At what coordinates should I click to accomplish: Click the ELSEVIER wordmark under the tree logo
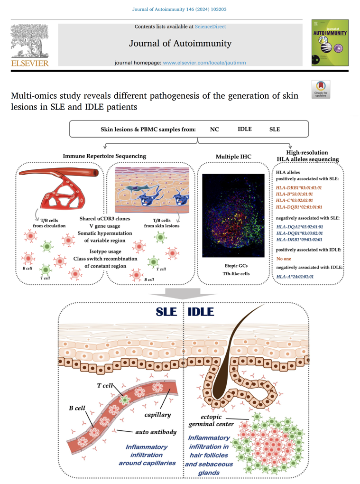tap(30, 63)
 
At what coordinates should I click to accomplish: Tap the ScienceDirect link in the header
tap(211, 27)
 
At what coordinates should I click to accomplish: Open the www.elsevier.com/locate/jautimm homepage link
tap(204, 63)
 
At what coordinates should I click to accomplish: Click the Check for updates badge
tap(321, 89)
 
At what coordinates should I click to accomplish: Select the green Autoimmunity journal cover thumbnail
tap(330, 43)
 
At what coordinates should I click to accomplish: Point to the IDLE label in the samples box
tap(245, 129)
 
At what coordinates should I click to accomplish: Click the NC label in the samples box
tap(214, 130)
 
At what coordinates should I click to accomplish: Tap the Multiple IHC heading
tap(233, 157)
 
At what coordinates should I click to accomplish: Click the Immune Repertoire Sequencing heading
tap(104, 156)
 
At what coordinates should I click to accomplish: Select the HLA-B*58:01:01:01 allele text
tap(294, 194)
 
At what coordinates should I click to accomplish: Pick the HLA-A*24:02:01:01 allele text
tap(295, 277)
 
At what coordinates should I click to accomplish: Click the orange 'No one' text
tap(284, 259)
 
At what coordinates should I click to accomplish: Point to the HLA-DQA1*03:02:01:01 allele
tap(300, 226)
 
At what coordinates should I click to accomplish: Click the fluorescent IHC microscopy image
tap(233, 215)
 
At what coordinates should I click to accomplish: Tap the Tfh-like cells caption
tap(236, 273)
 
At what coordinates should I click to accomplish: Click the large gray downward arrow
tap(182, 294)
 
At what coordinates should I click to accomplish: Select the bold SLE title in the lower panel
tap(166, 312)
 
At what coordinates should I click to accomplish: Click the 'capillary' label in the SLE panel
tap(157, 415)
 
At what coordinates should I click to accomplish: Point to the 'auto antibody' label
tap(156, 432)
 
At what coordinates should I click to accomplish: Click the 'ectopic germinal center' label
tap(212, 420)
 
